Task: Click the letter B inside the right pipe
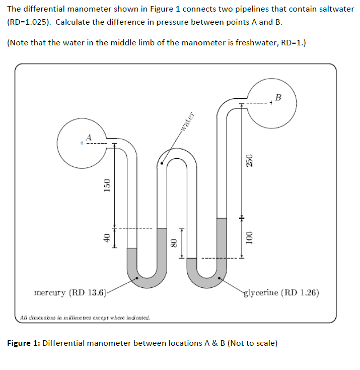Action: click(278, 96)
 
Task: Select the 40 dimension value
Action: click(106, 238)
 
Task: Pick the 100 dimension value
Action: click(248, 238)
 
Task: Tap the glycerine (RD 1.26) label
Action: click(281, 293)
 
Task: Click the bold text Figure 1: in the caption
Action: click(24, 343)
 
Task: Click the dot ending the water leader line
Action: click(161, 163)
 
